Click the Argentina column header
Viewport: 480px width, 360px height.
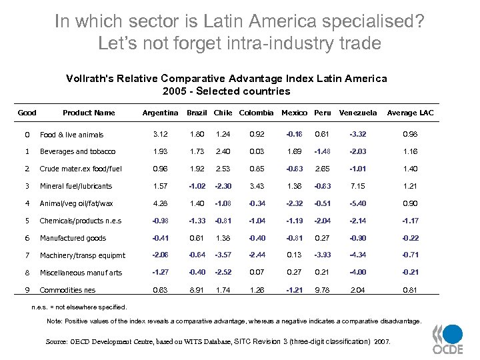click(160, 113)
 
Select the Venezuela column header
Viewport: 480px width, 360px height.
click(358, 113)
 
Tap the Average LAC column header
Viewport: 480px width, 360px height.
click(410, 113)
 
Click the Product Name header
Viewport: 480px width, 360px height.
click(89, 113)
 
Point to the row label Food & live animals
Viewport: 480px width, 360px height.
click(71, 135)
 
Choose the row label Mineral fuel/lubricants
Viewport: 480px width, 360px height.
click(76, 186)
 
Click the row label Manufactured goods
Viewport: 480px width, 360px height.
click(73, 238)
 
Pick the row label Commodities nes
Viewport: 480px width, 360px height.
click(67, 290)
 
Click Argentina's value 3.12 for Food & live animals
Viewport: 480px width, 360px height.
click(160, 135)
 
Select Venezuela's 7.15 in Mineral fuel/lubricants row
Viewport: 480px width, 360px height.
click(358, 186)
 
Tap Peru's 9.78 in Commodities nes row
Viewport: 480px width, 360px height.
click(322, 290)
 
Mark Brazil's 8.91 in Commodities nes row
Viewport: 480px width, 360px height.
click(196, 290)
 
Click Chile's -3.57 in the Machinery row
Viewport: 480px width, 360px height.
click(223, 255)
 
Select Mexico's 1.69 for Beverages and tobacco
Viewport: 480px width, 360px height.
click(294, 152)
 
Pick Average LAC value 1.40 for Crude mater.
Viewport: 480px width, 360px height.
click(410, 169)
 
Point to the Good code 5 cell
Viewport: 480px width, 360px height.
click(27, 221)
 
